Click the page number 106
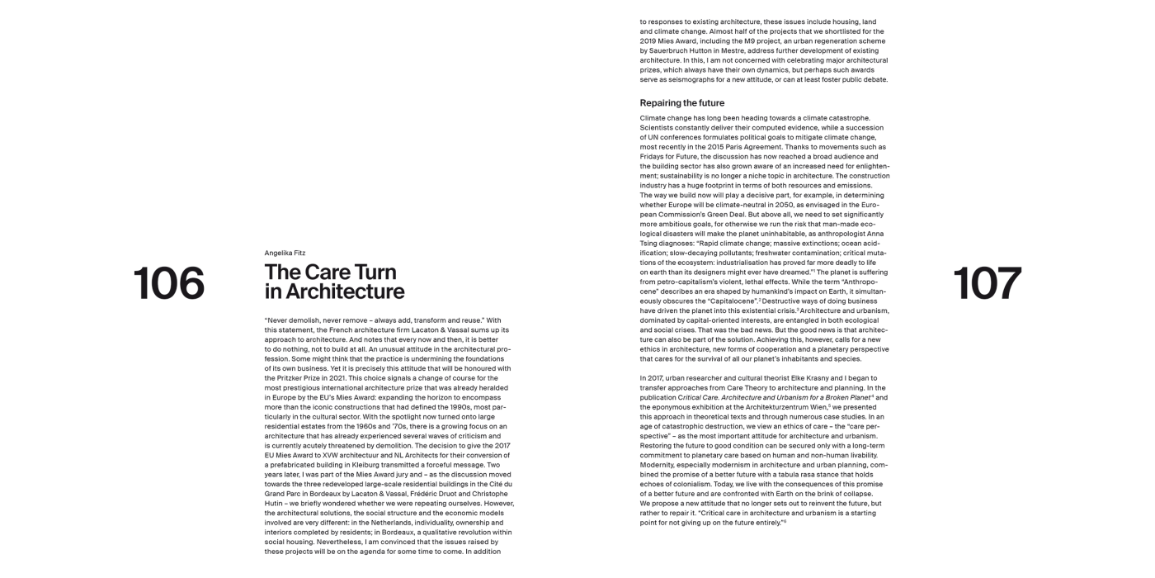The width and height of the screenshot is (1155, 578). click(x=168, y=283)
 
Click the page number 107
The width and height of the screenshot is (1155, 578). click(x=987, y=283)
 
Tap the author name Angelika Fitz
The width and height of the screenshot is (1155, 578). click(x=285, y=253)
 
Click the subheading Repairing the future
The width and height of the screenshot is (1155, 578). click(x=681, y=103)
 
